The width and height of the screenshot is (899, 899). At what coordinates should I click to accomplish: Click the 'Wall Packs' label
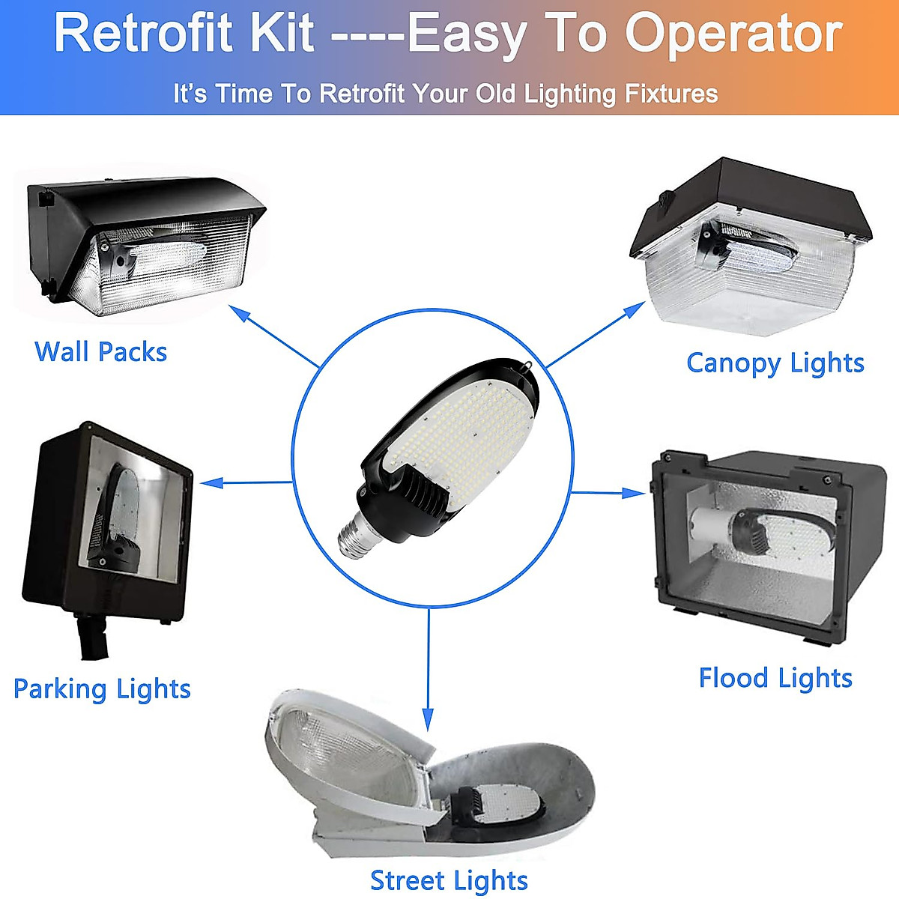[100, 351]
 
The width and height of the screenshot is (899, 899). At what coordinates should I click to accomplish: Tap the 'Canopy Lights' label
[775, 363]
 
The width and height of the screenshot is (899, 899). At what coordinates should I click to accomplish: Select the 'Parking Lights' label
[102, 689]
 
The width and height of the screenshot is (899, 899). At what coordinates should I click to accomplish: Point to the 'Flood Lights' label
[775, 679]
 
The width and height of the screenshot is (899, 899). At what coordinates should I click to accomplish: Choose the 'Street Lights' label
[449, 880]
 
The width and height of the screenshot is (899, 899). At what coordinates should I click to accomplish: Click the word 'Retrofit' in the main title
[184, 33]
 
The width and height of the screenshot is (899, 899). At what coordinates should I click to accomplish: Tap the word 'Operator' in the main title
[734, 33]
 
